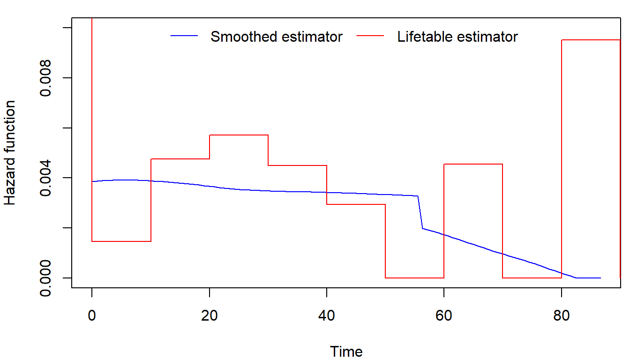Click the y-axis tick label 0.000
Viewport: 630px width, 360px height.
[x=46, y=278]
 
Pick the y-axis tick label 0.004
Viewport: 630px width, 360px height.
[x=46, y=178]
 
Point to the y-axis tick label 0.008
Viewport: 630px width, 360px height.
[x=46, y=78]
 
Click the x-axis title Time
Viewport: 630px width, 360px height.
[x=346, y=352]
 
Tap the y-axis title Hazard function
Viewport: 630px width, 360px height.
[x=10, y=153]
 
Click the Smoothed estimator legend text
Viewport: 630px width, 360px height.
[x=277, y=37]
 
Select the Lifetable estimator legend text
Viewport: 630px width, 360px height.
[x=457, y=37]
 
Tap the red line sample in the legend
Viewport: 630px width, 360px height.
[x=371, y=36]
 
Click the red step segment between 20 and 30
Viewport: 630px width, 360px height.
[x=239, y=135]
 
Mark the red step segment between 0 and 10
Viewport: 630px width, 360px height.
[x=121, y=241]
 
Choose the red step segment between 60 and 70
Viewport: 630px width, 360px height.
[x=473, y=164]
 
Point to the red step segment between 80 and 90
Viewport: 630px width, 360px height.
[x=591, y=40]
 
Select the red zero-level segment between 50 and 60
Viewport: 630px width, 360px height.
[x=414, y=278]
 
